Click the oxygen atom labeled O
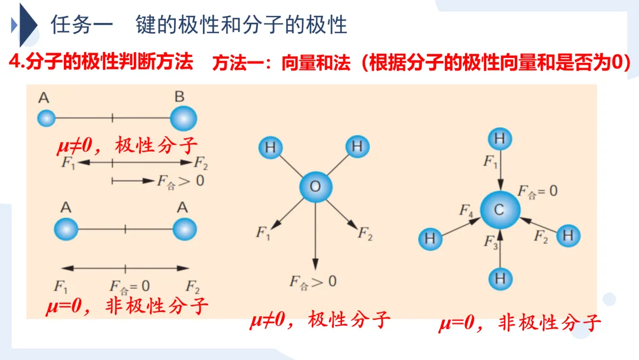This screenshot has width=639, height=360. coord(315,187)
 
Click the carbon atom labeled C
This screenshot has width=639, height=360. coord(500,210)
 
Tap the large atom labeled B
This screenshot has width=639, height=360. coord(183,118)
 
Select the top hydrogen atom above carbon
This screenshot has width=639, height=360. coord(500,140)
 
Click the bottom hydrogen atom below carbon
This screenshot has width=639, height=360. coord(500,278)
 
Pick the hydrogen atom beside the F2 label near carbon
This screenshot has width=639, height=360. coord(568,236)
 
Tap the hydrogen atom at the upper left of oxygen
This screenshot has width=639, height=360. coord(270,147)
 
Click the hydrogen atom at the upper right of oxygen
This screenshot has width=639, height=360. coord(357,146)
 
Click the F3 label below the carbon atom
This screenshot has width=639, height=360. coord(490,242)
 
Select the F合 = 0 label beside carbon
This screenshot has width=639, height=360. coord(537,191)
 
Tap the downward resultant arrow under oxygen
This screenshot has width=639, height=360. coord(315,237)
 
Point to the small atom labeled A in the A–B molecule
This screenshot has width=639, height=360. coord(46,118)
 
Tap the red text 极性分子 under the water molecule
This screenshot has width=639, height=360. coord(349,320)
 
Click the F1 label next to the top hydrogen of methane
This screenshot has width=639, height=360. coord(490,161)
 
